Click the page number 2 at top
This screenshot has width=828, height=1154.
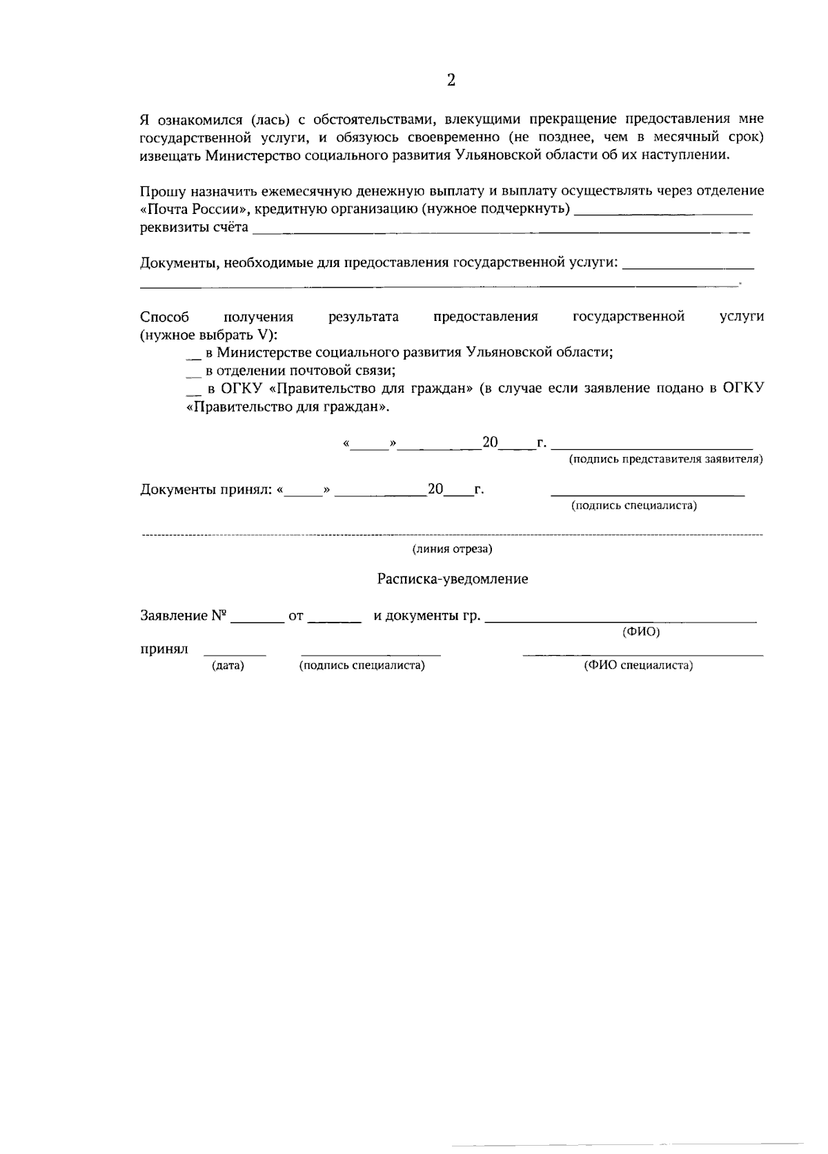point(451,81)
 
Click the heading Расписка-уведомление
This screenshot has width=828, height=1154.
point(452,579)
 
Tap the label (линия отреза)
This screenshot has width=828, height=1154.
point(452,549)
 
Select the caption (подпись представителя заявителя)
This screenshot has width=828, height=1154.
point(665,459)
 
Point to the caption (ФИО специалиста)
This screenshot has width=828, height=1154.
point(638,665)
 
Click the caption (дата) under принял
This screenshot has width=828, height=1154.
point(228,665)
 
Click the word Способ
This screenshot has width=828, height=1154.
point(164,317)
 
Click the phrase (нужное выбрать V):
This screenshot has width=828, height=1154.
point(208,335)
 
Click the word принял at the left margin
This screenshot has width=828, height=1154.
point(164,649)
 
